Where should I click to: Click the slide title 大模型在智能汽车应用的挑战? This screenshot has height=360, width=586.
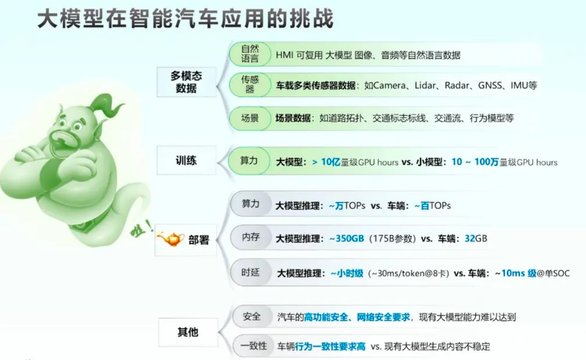click(x=185, y=19)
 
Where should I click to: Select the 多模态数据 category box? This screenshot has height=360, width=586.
click(x=186, y=82)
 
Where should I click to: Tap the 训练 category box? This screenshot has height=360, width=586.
click(x=186, y=160)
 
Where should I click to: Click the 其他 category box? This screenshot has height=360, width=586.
click(x=188, y=332)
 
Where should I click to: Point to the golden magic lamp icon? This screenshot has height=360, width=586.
click(x=171, y=239)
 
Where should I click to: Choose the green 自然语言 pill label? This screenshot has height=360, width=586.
click(x=250, y=54)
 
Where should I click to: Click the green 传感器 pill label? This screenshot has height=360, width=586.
click(x=250, y=85)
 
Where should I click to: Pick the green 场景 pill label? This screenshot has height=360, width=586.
click(x=250, y=118)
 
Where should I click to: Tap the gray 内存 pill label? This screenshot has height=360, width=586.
click(x=250, y=237)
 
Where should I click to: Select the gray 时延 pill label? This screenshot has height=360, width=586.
click(x=250, y=272)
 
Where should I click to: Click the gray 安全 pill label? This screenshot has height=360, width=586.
click(x=251, y=316)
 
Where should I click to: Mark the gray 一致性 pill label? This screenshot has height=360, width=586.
click(x=253, y=346)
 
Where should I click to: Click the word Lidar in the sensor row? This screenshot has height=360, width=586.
click(x=425, y=85)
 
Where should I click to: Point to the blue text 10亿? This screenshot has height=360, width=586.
click(x=330, y=162)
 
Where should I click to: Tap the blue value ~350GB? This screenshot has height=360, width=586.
click(x=347, y=239)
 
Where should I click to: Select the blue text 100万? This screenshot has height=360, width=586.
click(x=487, y=162)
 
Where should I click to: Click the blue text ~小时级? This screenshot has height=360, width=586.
click(x=347, y=273)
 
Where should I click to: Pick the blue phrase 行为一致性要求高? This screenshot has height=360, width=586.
click(x=330, y=347)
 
